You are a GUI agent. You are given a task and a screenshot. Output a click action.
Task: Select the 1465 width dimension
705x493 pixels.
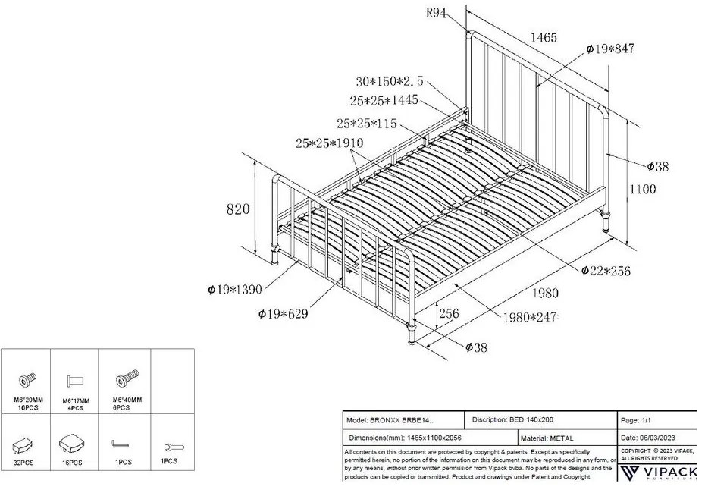tap(544, 37)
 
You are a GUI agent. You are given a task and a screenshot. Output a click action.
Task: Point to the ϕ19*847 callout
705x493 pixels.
tap(610, 49)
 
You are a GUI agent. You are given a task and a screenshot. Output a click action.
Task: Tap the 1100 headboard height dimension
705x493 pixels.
tap(643, 190)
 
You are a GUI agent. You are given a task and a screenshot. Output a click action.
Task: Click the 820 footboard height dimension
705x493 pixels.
tap(238, 209)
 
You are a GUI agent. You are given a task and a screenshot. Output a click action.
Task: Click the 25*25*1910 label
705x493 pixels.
tap(329, 143)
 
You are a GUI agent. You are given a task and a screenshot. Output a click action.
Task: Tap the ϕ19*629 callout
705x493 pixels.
tap(283, 313)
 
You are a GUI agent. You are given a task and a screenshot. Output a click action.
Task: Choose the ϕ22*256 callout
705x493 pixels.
tap(606, 270)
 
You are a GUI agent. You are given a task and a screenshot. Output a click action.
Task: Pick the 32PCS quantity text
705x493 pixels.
tap(25, 462)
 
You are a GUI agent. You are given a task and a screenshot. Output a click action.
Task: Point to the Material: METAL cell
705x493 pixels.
tap(548, 438)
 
